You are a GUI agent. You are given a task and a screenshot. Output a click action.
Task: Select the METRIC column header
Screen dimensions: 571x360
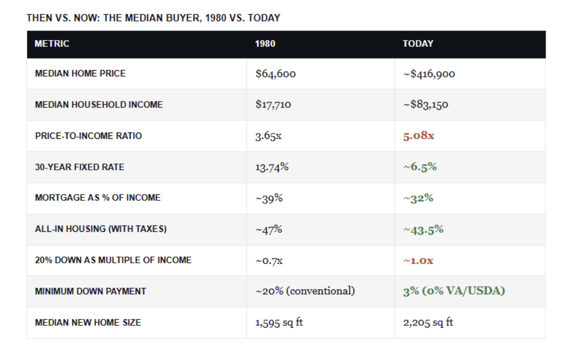[52, 44]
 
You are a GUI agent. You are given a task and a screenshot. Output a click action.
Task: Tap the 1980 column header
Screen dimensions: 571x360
[265, 44]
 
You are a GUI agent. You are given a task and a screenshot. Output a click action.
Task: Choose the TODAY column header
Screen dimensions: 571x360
[418, 44]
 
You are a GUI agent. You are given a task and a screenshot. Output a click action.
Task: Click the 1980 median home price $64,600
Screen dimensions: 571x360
[276, 74]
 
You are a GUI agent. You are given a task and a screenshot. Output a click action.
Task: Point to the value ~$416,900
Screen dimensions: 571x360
[429, 74]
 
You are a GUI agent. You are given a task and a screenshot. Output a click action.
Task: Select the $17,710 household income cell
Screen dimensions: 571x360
[273, 105]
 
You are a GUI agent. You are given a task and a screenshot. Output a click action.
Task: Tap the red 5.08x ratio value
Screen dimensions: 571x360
[419, 136]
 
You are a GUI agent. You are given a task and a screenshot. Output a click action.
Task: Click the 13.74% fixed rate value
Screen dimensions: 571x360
[272, 167]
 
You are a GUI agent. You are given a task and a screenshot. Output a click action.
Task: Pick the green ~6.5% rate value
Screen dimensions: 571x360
[420, 167]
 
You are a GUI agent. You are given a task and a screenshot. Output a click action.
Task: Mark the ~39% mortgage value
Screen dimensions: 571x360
[269, 198]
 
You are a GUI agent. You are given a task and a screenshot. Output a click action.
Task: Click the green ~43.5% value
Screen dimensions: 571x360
[423, 230]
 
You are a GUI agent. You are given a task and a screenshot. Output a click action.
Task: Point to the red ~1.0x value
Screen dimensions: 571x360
[418, 261]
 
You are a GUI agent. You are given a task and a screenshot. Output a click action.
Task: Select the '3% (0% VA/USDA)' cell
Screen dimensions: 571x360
[454, 291]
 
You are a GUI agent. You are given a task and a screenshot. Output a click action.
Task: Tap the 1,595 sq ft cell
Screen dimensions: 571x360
[279, 323]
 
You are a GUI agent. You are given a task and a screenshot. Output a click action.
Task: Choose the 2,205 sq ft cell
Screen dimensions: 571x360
[428, 323]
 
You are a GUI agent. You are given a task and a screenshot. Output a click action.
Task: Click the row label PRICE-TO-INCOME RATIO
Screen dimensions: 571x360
[89, 136]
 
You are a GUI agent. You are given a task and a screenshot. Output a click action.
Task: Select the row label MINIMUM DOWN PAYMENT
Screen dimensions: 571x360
[90, 291]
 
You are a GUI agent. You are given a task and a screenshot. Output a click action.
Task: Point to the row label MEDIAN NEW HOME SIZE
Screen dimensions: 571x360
[88, 323]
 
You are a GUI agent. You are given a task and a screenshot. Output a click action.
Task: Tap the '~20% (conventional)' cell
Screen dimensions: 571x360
[305, 291]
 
